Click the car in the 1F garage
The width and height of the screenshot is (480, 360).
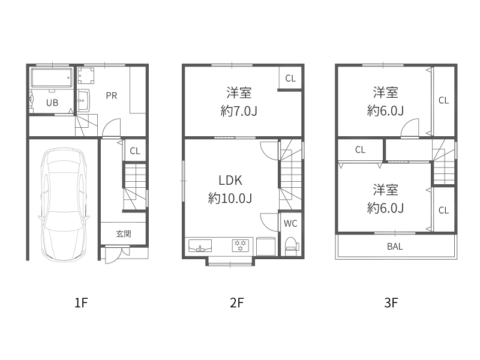pyautogui.click(x=62, y=204)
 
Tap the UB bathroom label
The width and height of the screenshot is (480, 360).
pyautogui.click(x=53, y=103)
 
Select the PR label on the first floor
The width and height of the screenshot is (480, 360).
pyautogui.click(x=112, y=95)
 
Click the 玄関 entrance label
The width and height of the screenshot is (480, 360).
pyautogui.click(x=124, y=233)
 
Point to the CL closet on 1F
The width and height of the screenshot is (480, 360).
pyautogui.click(x=135, y=151)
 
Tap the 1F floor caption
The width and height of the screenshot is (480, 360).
pyautogui.click(x=82, y=303)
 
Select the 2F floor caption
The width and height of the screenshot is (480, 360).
pyautogui.click(x=237, y=303)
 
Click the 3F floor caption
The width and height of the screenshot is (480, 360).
pyautogui.click(x=391, y=303)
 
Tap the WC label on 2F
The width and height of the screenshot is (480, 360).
pyautogui.click(x=290, y=224)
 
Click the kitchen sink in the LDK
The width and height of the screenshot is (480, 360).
pyautogui.click(x=200, y=246)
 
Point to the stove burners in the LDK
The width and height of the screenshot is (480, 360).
pyautogui.click(x=241, y=246)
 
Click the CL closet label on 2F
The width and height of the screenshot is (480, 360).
pyautogui.click(x=290, y=78)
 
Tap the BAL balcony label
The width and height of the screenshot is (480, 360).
pyautogui.click(x=395, y=246)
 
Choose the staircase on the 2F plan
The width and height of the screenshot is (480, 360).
pyautogui.click(x=292, y=174)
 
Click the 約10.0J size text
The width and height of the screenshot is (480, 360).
pyautogui.click(x=230, y=199)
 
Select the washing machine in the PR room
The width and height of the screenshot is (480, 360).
pyautogui.click(x=85, y=76)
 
